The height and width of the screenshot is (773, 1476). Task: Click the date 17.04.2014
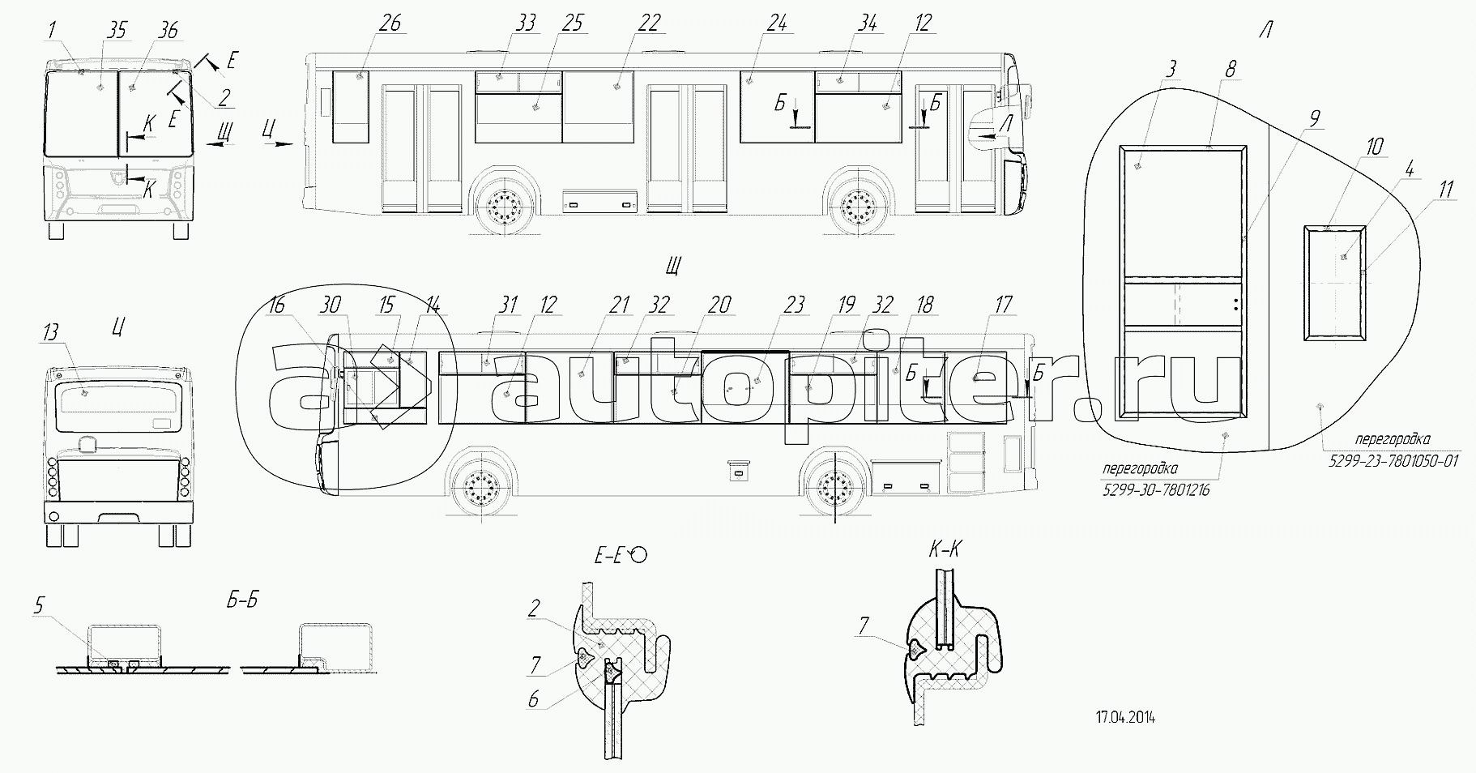click(x=1125, y=717)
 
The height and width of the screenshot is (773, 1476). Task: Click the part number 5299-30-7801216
click(x=1155, y=490)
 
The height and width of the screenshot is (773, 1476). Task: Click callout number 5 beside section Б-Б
click(x=39, y=604)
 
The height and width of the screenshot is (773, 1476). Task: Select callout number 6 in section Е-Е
click(x=533, y=699)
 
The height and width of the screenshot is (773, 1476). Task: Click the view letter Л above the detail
click(x=1265, y=32)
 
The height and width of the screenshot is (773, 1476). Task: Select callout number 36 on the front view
click(x=168, y=31)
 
